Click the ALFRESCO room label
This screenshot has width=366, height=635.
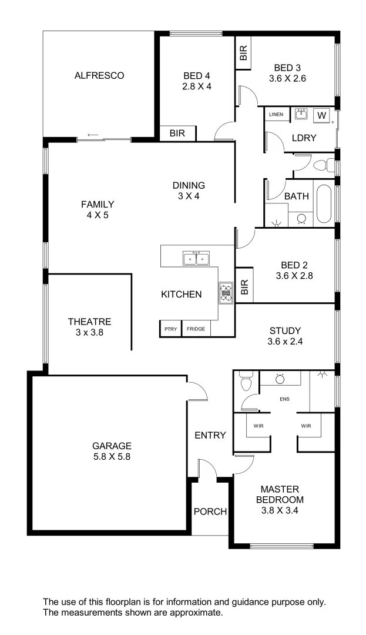[99, 75]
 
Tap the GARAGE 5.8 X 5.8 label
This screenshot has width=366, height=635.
[111, 451]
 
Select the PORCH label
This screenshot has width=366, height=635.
[210, 512]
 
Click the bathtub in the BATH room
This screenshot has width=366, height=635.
[324, 205]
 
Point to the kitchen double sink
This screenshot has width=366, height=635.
[196, 258]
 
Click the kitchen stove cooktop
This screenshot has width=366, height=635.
[226, 293]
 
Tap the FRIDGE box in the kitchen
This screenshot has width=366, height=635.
[196, 329]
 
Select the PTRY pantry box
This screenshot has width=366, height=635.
[170, 329]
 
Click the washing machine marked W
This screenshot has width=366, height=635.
[321, 116]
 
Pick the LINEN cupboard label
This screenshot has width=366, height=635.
[276, 114]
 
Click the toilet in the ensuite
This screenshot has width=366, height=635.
[246, 382]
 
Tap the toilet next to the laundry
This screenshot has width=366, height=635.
[323, 164]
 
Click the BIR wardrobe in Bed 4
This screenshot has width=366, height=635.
[177, 133]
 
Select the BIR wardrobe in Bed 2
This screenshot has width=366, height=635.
[244, 286]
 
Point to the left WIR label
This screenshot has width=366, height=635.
[258, 426]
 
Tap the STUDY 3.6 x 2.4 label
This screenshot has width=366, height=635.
[285, 336]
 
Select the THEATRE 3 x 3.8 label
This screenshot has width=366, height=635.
[89, 327]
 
